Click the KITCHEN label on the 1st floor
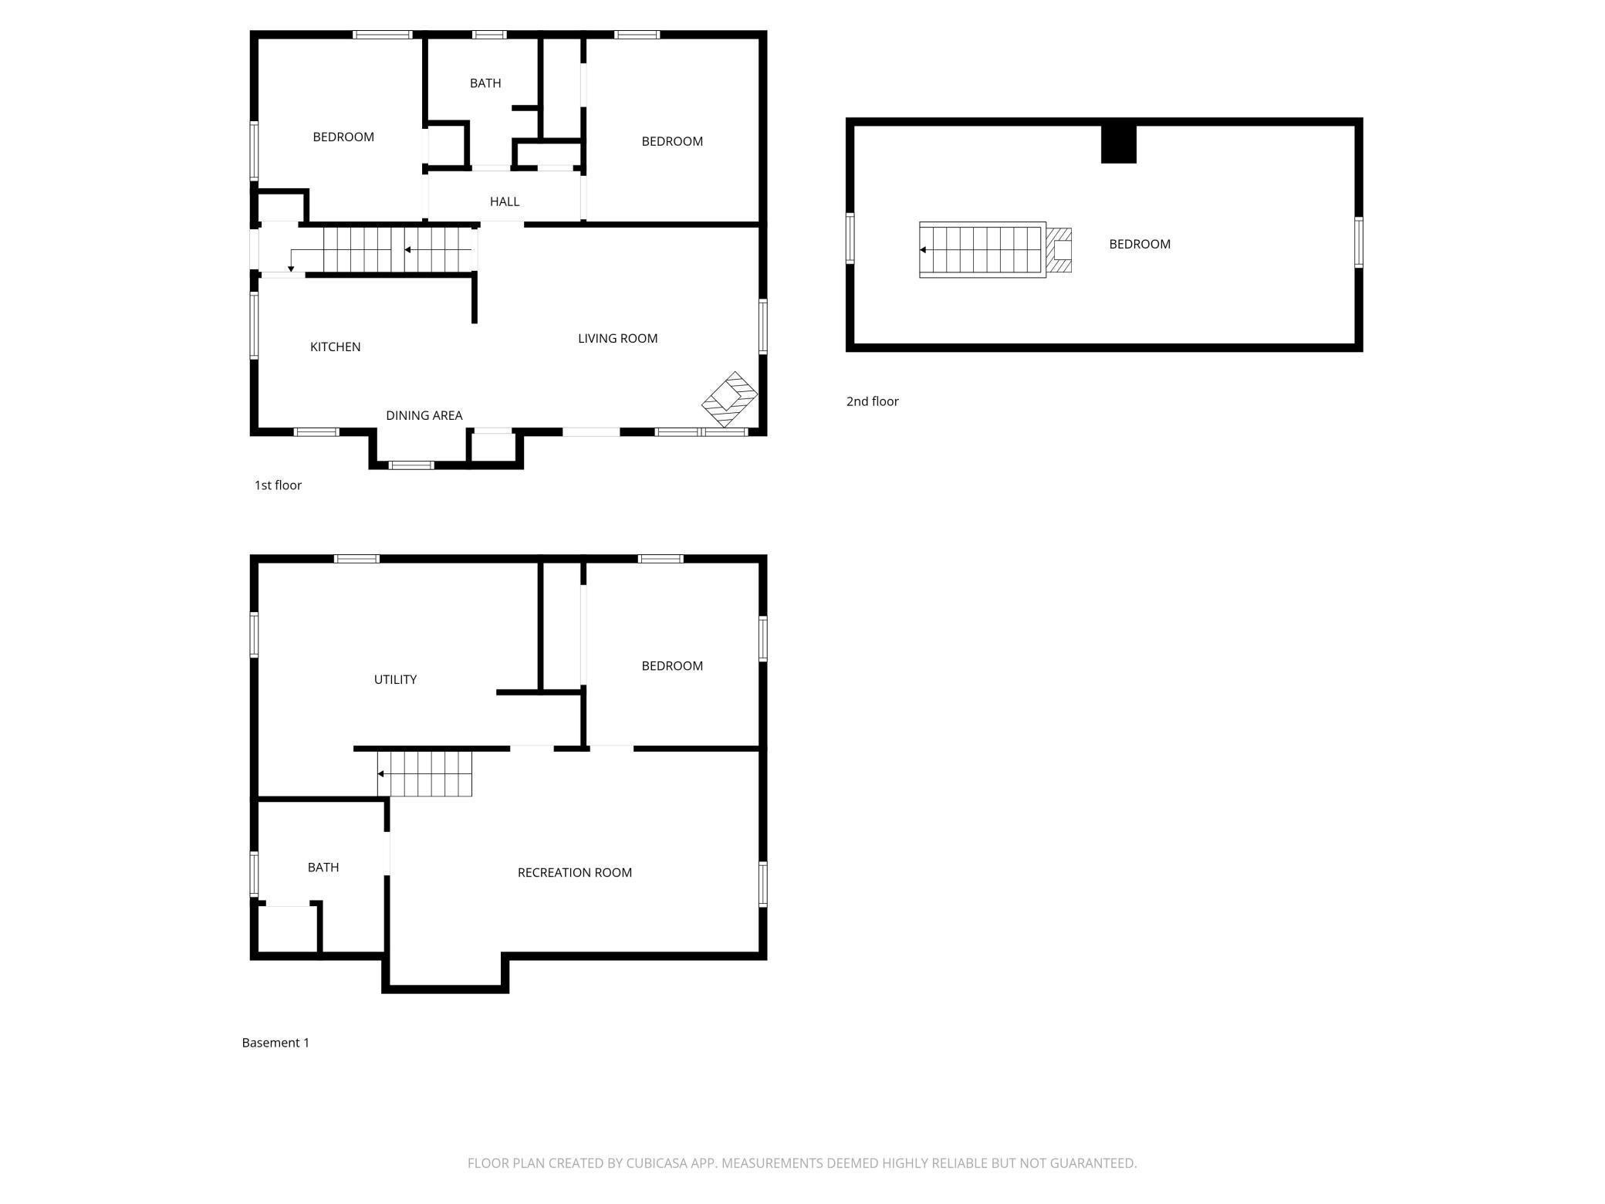tap(335, 347)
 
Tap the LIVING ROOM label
tap(617, 338)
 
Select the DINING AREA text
tap(424, 415)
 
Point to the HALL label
tap(504, 201)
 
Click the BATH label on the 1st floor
tap(485, 83)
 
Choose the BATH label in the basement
tap(323, 867)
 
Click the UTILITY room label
tap(395, 679)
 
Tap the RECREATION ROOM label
tap(574, 873)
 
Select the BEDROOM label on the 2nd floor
tap(1139, 244)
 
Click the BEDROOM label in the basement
tap(671, 666)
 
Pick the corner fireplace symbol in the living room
tap(728, 400)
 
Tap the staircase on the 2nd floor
tap(982, 250)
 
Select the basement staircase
tap(424, 773)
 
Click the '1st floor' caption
tap(278, 485)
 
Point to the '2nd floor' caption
tap(872, 401)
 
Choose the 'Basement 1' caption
tap(275, 1043)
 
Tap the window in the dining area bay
tap(411, 465)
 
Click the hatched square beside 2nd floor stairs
tap(1059, 250)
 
